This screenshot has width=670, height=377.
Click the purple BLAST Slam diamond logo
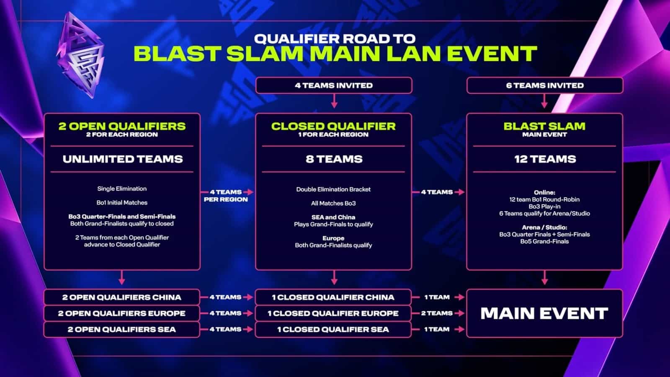coord(80,55)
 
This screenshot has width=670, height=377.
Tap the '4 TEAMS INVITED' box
coord(334,85)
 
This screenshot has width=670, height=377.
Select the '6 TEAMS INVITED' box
coord(544,85)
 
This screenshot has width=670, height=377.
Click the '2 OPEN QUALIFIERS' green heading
coord(122,126)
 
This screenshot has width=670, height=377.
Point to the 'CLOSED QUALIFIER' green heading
coord(333,126)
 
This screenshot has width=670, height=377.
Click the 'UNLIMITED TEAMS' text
coord(122,159)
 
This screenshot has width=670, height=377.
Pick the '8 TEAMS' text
coord(334,159)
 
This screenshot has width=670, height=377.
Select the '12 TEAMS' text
coord(545,159)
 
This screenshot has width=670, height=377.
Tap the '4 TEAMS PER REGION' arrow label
coord(226,196)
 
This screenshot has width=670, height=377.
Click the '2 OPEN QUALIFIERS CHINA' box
coord(121,297)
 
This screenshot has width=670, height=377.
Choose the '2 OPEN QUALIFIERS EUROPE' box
coord(121,313)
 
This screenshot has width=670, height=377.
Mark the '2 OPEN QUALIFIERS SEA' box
coord(121,330)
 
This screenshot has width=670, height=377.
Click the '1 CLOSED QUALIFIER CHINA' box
coord(333,297)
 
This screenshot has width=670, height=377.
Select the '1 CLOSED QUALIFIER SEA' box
coord(333,330)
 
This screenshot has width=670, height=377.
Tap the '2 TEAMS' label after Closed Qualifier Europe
coord(437,313)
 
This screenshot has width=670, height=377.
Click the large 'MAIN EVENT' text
coord(544,313)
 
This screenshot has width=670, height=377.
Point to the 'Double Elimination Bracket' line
coord(333,189)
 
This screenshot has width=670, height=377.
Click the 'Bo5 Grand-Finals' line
coord(544,241)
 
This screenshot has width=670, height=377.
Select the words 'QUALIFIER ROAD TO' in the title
coord(335,39)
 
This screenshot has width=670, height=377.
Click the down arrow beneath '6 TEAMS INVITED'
coord(544,102)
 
